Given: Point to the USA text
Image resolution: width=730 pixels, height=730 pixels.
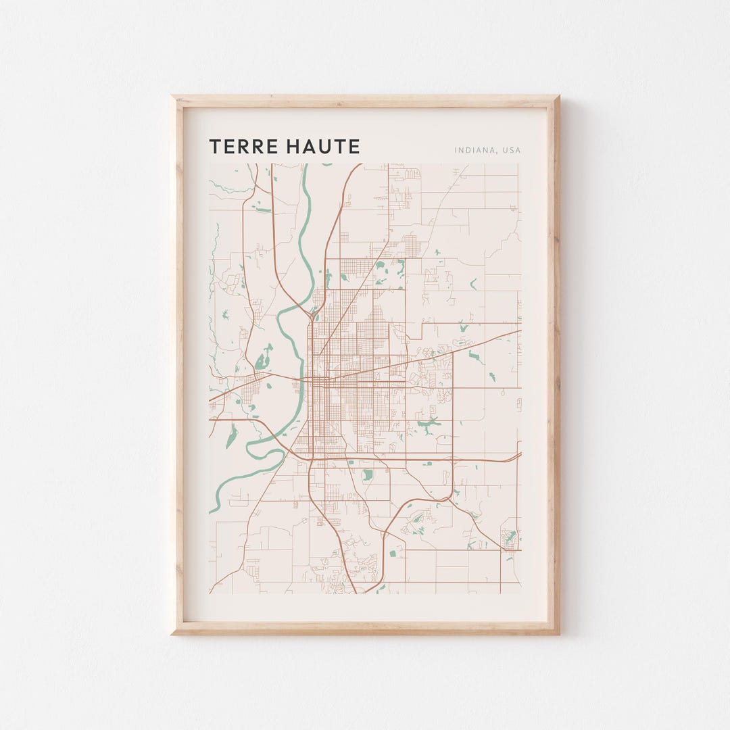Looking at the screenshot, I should [x=512, y=150].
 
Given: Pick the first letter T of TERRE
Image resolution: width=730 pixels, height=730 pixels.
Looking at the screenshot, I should [x=214, y=147].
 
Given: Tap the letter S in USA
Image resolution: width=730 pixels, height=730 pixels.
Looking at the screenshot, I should [x=512, y=150].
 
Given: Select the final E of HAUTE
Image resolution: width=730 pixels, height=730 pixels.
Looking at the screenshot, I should [x=355, y=147].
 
